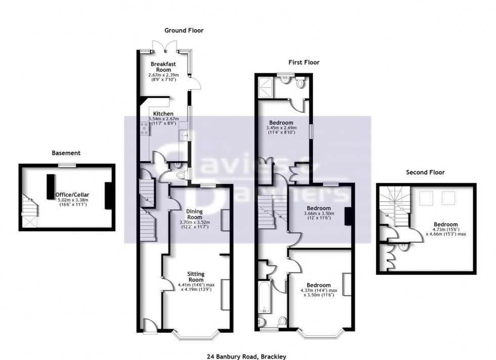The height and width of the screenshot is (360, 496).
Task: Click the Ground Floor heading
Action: tap(184, 30)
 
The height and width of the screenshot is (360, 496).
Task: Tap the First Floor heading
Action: tap(304, 63)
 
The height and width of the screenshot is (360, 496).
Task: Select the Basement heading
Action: tap(66, 153)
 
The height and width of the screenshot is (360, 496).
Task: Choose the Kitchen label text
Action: tap(163, 114)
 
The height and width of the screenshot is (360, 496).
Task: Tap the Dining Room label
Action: tap(194, 214)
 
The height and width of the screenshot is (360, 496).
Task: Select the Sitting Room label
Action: tap(195, 277)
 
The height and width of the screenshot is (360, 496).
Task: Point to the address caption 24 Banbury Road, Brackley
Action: tap(250, 356)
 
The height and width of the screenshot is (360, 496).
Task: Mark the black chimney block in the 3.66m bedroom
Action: tap(347, 216)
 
